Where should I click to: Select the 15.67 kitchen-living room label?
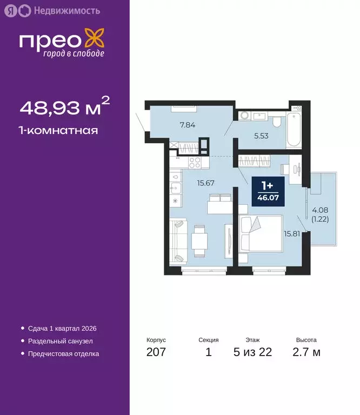(x=205, y=183)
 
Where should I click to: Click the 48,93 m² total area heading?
(x=65, y=108)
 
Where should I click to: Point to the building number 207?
(x=156, y=353)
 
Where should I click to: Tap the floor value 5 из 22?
(x=252, y=353)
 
